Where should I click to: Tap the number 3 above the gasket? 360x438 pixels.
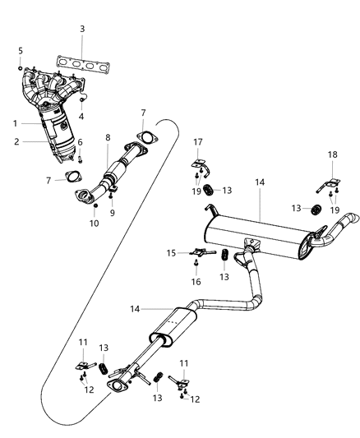[x=82, y=30]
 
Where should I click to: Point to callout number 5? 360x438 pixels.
[x=20, y=51]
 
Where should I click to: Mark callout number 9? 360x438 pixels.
[x=113, y=212]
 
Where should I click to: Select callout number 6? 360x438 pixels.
[x=81, y=142]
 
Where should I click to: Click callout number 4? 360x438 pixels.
[x=81, y=117]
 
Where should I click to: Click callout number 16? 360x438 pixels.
[x=196, y=281]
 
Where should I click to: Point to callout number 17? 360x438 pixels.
[x=197, y=141]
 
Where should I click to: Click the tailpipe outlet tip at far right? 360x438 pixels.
[x=352, y=219]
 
